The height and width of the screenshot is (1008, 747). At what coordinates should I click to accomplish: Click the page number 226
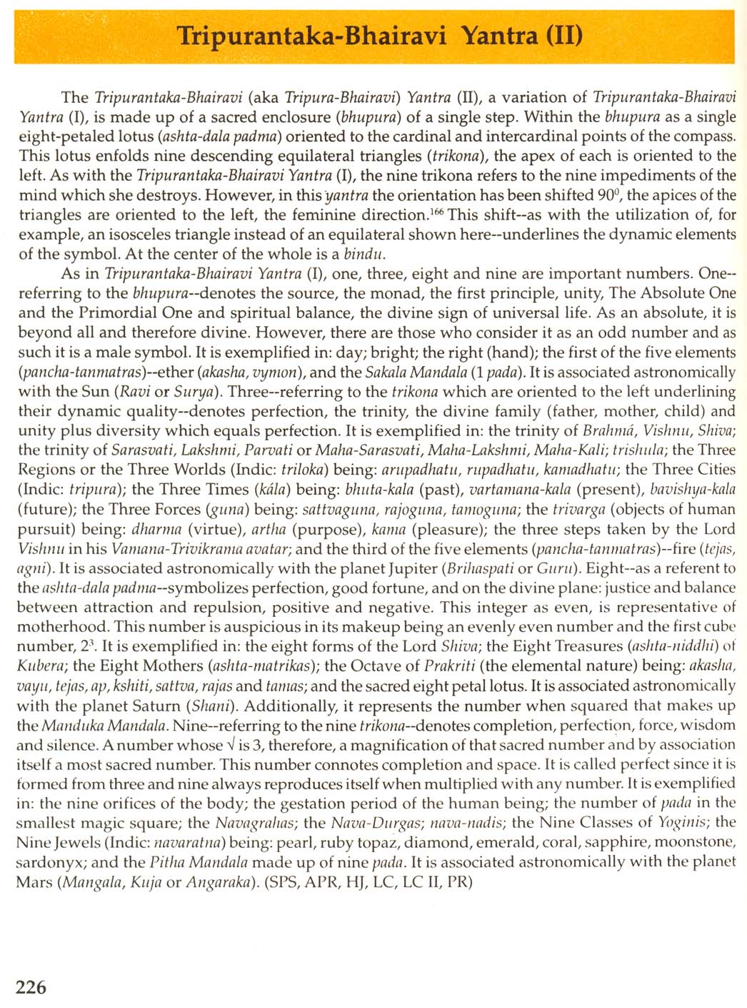[x=31, y=987]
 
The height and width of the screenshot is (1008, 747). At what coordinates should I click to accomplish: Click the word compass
[x=706, y=136]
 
